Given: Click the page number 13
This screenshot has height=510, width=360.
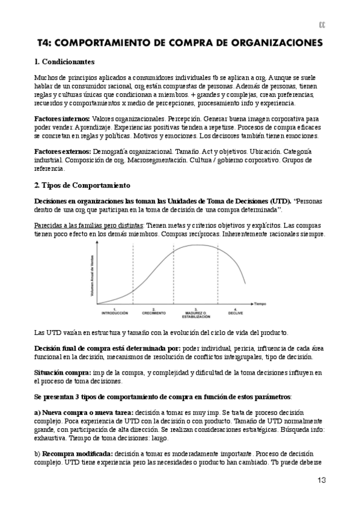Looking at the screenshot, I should pos(322,480).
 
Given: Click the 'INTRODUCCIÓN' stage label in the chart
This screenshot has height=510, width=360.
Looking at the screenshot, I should pos(115,313).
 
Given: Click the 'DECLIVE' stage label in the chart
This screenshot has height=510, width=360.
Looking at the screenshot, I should pos(236,313).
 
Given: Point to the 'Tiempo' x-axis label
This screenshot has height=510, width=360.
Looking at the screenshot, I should pos(260,304).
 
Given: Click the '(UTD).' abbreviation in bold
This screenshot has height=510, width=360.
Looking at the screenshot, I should pos(278,200).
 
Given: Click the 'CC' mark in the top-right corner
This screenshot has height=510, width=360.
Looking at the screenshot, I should pos(322,25).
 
